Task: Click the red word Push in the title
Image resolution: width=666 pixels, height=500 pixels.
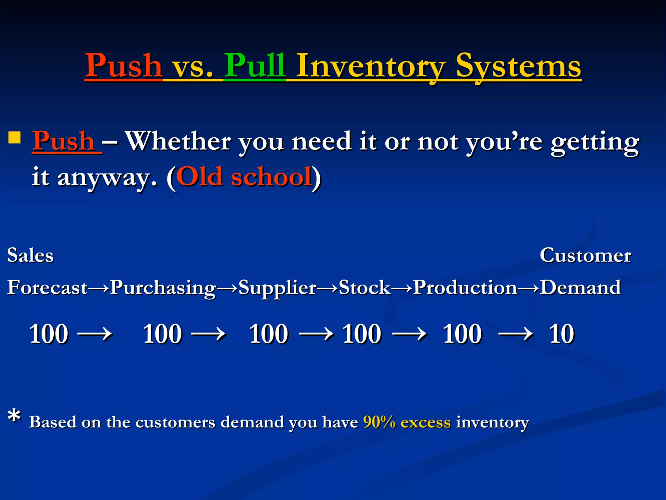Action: click(124, 66)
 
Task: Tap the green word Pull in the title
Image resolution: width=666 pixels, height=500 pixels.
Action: click(255, 66)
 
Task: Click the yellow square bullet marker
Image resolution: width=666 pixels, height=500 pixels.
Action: click(15, 137)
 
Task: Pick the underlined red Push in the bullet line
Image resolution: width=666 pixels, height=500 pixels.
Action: click(64, 141)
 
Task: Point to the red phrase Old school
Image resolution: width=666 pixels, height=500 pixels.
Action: click(244, 177)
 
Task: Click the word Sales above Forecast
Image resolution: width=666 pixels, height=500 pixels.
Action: click(30, 255)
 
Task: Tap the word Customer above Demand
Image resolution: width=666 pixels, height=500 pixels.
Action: click(585, 255)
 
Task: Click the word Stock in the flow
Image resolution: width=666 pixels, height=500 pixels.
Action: click(364, 288)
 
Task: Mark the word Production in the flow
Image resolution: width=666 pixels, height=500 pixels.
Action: click(465, 288)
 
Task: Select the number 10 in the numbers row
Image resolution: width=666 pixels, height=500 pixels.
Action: click(562, 334)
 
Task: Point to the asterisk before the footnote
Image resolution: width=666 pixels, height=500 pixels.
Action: click(14, 417)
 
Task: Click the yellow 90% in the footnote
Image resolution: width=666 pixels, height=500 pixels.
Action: click(379, 422)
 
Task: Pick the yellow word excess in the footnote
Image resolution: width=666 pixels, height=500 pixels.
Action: click(425, 422)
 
